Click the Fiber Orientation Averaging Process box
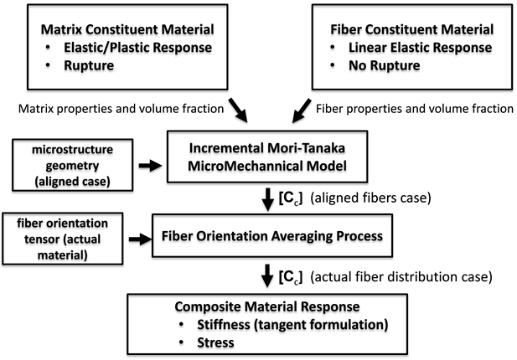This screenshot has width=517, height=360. (269, 237)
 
